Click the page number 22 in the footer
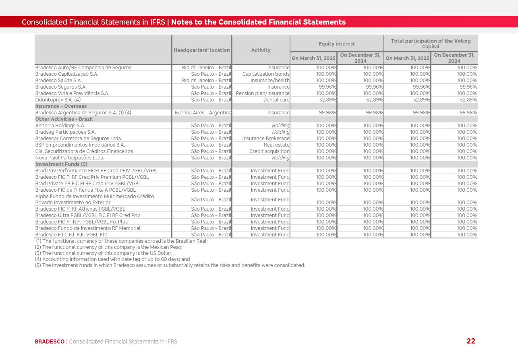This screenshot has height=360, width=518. coord(470,341)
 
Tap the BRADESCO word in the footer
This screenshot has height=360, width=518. coord(50,341)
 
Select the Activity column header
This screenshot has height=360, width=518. coord(261,50)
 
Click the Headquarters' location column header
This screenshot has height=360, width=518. coord(202,50)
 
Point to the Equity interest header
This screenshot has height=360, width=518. coord(337,43)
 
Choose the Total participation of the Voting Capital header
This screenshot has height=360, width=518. coord(431,43)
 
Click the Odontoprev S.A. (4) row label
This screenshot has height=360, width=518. coord(58,100)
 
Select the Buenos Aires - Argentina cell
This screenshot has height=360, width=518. coord(203,113)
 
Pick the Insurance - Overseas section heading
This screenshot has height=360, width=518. coord(61,106)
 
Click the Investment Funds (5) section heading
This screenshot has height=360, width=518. coord(61,164)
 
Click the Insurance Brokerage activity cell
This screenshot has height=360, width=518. coord(265,139)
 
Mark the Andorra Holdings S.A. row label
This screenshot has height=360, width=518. coord(60,126)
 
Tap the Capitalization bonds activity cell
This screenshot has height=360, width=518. coord(265,74)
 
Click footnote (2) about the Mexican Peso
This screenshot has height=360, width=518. coord(108,247)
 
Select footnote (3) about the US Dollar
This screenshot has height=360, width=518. coord(104,253)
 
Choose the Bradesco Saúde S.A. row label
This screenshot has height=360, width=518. coord(58,81)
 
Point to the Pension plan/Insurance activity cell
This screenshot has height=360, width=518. coord(262,93)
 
